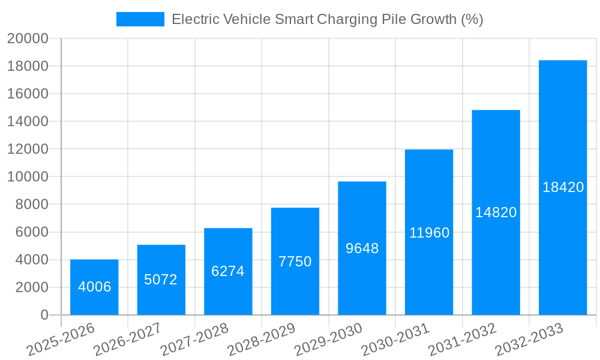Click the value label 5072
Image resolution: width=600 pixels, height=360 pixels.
(161, 280)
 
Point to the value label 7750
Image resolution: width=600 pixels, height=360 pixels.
(295, 262)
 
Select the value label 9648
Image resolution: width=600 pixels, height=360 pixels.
(362, 248)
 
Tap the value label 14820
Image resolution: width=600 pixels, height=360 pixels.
(496, 212)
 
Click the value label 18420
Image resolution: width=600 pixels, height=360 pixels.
(563, 187)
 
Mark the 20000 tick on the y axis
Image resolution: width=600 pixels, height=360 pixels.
(28, 38)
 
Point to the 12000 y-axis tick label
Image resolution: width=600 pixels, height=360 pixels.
(28, 149)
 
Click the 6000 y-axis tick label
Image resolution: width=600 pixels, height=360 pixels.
(32, 232)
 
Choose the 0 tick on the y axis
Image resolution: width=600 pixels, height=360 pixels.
(44, 315)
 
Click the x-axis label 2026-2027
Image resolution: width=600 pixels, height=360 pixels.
(127, 340)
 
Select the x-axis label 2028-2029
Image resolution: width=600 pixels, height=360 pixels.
(261, 340)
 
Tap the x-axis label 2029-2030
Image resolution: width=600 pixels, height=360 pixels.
(328, 340)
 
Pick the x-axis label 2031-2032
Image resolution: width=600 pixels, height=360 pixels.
(462, 340)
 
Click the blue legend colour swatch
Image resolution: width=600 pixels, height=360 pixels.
(140, 19)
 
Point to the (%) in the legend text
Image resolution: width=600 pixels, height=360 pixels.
(472, 19)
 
